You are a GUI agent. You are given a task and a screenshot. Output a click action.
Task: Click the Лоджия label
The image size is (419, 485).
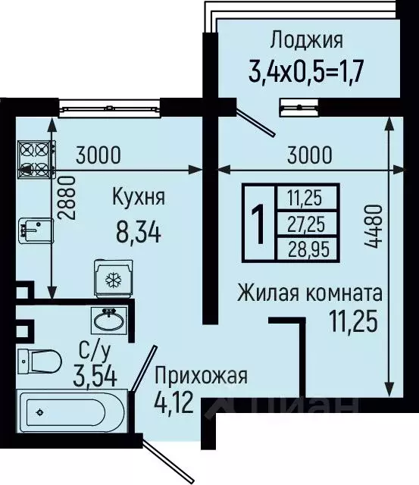(x=306, y=39)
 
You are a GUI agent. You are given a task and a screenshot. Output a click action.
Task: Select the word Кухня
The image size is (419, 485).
(x=139, y=199)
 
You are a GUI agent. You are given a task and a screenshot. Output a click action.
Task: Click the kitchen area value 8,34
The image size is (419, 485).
(x=137, y=231)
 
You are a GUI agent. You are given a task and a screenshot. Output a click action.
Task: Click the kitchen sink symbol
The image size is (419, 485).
(x=34, y=227)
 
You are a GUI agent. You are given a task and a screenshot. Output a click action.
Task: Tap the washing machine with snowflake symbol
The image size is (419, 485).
(x=112, y=279)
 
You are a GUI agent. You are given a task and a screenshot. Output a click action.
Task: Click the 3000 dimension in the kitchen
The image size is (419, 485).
(x=98, y=156)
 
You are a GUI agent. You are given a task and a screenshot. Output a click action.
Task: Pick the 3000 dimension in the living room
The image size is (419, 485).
(x=310, y=156)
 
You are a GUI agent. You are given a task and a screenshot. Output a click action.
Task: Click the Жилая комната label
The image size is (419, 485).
(x=309, y=292)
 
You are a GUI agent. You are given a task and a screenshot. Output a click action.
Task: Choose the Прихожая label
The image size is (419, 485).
(x=201, y=374)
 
